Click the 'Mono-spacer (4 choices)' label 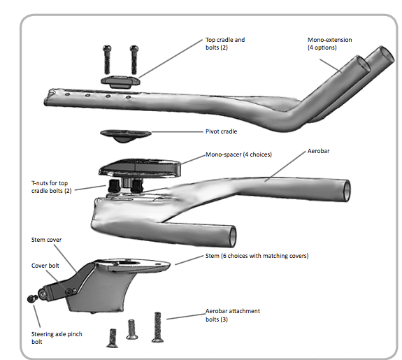click(238, 154)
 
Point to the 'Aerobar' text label click(320, 151)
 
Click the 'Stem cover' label click(46, 240)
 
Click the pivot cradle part click(121, 134)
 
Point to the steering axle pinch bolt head click(31, 298)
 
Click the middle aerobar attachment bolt click(131, 329)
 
